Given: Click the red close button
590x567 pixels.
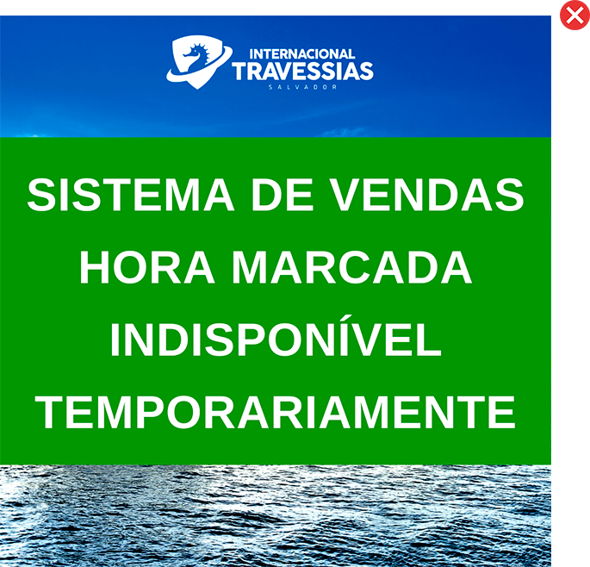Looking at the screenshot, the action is [x=574, y=15].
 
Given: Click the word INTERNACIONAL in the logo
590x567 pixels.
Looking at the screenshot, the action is [x=302, y=53].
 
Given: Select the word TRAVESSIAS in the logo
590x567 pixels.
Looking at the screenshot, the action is [x=302, y=72].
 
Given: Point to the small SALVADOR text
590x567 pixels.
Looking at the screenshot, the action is [x=302, y=87].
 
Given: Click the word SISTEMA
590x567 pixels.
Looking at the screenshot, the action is [x=131, y=195].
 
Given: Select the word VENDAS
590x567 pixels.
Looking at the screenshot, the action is [x=427, y=195].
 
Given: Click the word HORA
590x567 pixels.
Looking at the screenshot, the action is [x=146, y=267].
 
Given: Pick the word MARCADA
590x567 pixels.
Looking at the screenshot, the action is [x=351, y=267].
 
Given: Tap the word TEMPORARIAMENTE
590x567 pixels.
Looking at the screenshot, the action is [x=276, y=412].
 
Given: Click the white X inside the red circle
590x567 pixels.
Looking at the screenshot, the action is [x=574, y=16].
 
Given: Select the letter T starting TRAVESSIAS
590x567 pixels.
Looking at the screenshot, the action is [x=240, y=72].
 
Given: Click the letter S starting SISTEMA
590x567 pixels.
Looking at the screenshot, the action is [x=41, y=195].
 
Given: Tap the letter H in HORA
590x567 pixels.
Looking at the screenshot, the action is [x=94, y=267].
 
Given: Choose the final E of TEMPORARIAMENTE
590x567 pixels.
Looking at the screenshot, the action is [x=502, y=412].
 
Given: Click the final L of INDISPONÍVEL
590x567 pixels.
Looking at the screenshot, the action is [x=429, y=340].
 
